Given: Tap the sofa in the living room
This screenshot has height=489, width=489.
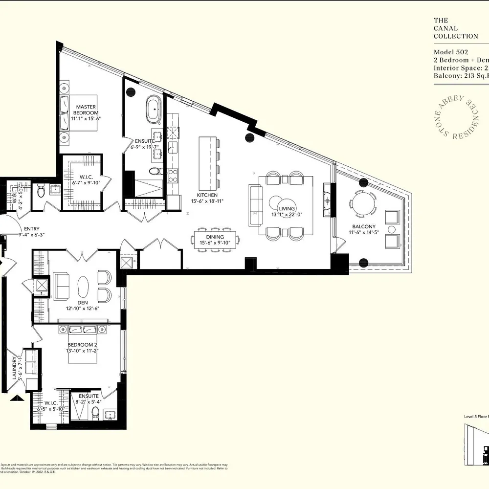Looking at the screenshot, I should pos(255,205).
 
